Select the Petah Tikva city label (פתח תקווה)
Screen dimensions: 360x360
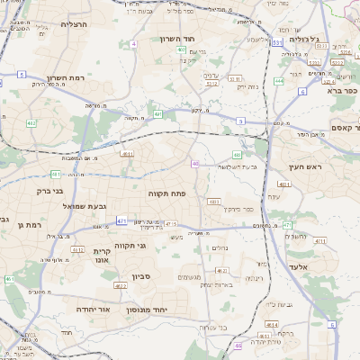[168, 193]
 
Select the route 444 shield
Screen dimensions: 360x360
[279, 81]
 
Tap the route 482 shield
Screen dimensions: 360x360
[31, 122]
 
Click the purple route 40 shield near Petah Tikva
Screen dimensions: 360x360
[194, 163]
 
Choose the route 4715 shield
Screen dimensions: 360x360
[170, 223]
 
